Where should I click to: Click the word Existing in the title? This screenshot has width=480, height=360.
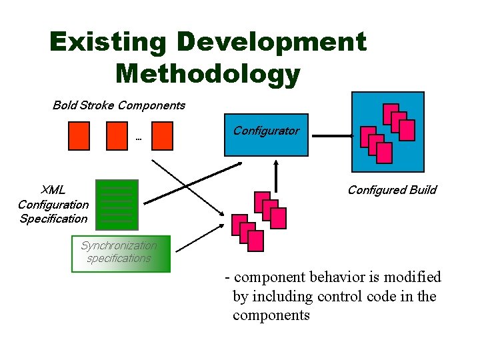[107, 43]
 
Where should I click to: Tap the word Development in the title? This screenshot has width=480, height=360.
[271, 43]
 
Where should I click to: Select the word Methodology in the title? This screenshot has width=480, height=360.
[208, 74]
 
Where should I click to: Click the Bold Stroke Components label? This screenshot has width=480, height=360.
[119, 105]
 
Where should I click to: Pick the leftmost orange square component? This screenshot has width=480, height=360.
[79, 135]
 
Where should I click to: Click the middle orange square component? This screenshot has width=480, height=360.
[117, 135]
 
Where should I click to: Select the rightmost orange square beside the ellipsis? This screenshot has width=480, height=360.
[162, 135]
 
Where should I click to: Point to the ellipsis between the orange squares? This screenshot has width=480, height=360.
[139, 139]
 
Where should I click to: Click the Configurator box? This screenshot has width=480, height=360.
[266, 135]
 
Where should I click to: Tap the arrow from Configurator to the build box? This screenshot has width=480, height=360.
[332, 136]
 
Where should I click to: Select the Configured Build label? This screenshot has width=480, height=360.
[391, 190]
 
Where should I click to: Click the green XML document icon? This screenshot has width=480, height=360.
[117, 204]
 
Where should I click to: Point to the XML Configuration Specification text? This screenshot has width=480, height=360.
[53, 205]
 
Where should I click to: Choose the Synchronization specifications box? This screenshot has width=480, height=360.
[121, 253]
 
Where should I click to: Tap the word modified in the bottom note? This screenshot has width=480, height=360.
[415, 277]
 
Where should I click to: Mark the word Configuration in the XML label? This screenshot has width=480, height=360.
[53, 205]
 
